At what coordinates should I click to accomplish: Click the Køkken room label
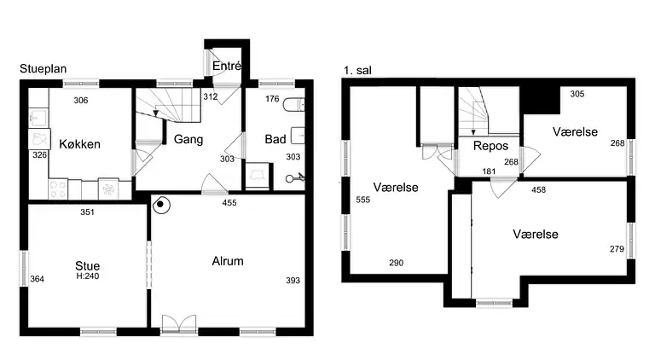click(80, 144)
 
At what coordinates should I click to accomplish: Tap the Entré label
click(227, 66)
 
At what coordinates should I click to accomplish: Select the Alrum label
click(228, 261)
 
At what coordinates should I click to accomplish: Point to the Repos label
click(491, 146)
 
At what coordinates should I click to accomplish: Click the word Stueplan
click(43, 69)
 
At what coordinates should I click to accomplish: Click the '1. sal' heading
click(357, 70)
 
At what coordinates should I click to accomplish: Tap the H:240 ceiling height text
click(88, 276)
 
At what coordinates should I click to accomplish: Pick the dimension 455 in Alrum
click(229, 202)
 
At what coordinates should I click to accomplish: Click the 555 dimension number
click(363, 200)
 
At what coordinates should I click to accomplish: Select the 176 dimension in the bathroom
click(272, 99)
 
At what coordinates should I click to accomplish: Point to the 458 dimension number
click(538, 189)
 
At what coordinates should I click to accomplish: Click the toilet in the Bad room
click(293, 104)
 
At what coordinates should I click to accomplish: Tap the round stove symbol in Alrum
click(161, 205)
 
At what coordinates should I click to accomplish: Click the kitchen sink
click(39, 118)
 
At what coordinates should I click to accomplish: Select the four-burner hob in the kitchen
click(58, 189)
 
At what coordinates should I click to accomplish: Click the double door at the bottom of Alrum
click(179, 323)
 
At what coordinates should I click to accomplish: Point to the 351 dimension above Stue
click(87, 212)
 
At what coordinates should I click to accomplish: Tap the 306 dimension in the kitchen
click(81, 100)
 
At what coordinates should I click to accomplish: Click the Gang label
click(188, 139)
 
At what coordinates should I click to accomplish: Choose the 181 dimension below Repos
click(489, 171)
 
